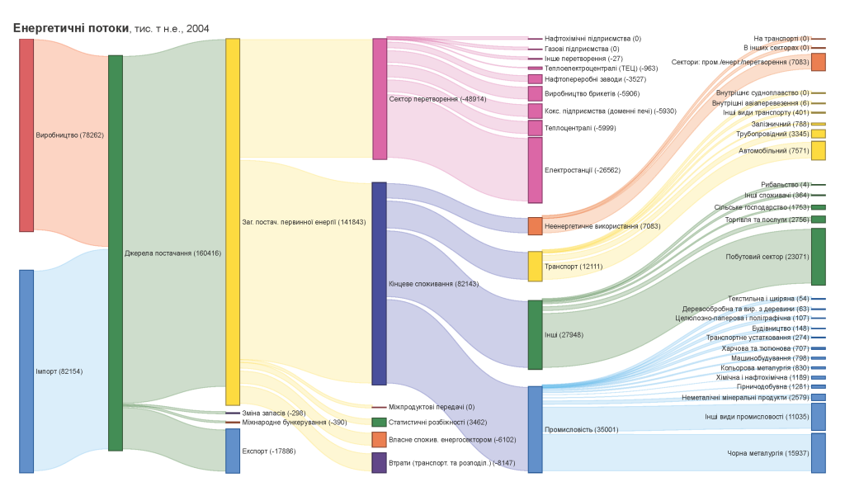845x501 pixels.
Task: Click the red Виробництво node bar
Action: [x=26, y=135]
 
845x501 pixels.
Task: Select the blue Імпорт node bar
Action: [x=26, y=371]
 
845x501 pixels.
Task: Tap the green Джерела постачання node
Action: [x=116, y=253]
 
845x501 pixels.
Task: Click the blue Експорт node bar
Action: [x=233, y=451]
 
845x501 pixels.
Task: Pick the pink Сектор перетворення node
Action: [x=380, y=98]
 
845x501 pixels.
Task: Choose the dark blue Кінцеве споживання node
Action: [x=380, y=283]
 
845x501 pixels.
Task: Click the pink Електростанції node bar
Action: [x=536, y=170]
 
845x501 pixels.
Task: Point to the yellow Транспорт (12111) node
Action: [x=536, y=266]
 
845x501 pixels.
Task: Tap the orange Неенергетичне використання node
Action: [x=536, y=225]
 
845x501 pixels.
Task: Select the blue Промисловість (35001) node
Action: [x=536, y=429]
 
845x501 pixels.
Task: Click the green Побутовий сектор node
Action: [x=818, y=257]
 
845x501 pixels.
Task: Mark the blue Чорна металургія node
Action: [x=818, y=453]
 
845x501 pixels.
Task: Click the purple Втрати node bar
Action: [x=380, y=462]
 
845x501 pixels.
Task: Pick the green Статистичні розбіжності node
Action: [x=380, y=422]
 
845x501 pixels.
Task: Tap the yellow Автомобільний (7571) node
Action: [x=818, y=150]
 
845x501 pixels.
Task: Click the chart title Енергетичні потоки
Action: [x=70, y=28]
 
